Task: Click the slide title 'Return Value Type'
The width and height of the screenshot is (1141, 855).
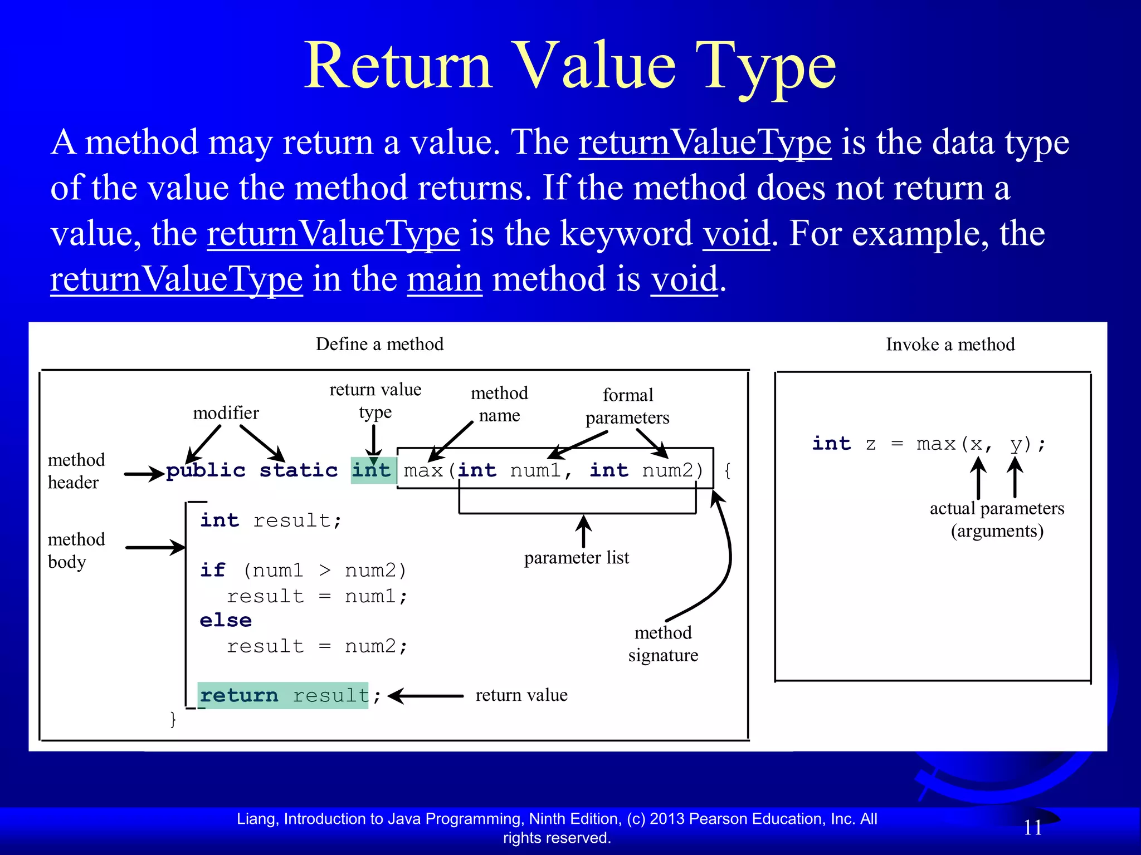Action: tap(569, 66)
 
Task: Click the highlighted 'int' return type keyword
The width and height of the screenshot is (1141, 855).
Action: tap(372, 470)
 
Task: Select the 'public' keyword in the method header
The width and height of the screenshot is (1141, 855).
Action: tap(206, 471)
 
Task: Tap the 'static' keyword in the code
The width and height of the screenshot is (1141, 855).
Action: tap(299, 470)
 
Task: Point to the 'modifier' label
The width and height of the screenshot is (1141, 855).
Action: tap(226, 413)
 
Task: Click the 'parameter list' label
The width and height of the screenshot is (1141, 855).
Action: tap(577, 558)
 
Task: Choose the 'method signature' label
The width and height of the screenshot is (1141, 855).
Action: tap(663, 644)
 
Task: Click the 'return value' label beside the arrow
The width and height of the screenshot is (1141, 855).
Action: tap(521, 695)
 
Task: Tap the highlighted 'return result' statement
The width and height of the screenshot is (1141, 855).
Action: tap(284, 696)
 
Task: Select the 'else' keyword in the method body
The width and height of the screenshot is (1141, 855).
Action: tap(226, 621)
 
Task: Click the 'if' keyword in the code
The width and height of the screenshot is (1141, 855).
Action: tap(212, 571)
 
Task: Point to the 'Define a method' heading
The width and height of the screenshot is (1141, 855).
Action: tap(379, 344)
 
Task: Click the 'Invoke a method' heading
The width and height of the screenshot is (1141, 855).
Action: tap(950, 345)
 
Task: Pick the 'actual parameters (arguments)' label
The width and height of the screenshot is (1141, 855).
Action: tap(997, 519)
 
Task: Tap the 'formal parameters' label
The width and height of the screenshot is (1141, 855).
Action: tap(627, 406)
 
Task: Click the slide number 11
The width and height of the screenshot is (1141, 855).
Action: tap(1033, 828)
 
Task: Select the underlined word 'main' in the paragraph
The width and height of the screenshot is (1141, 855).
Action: tap(445, 279)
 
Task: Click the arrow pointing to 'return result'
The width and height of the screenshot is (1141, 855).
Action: tap(426, 696)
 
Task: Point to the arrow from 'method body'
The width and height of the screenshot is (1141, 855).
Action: tap(155, 548)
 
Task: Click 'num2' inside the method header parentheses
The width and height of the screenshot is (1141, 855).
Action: tap(667, 471)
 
